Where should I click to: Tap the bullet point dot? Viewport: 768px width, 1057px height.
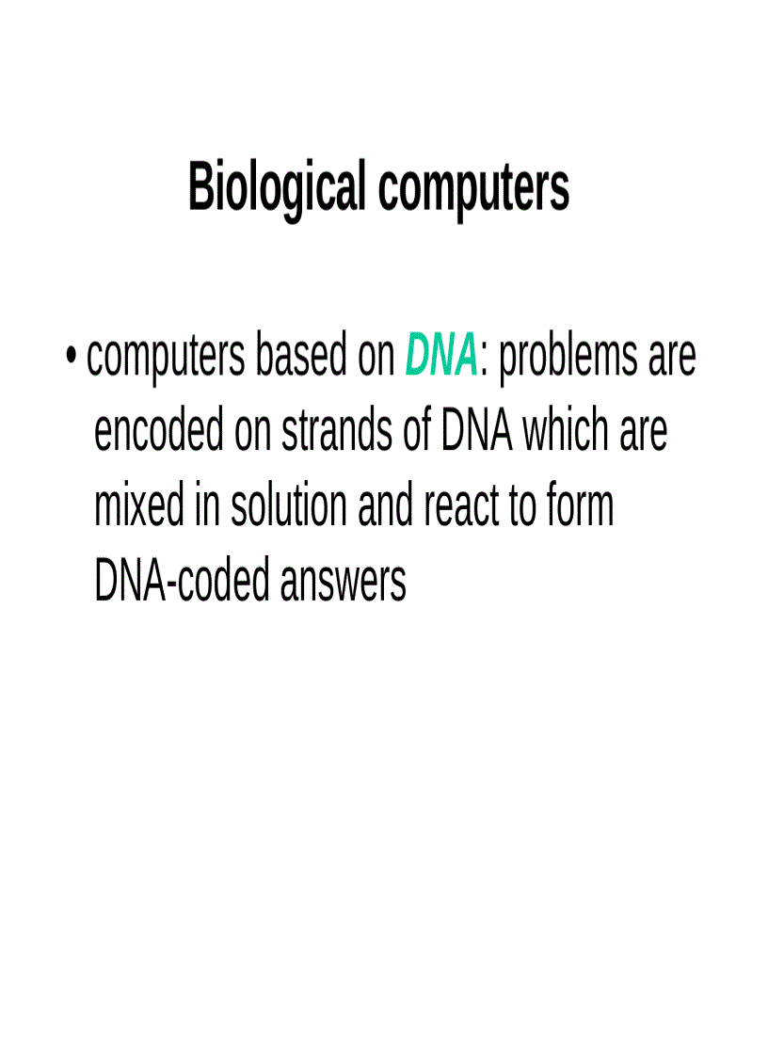[72, 359]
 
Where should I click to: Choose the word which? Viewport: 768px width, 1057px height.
[566, 432]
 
